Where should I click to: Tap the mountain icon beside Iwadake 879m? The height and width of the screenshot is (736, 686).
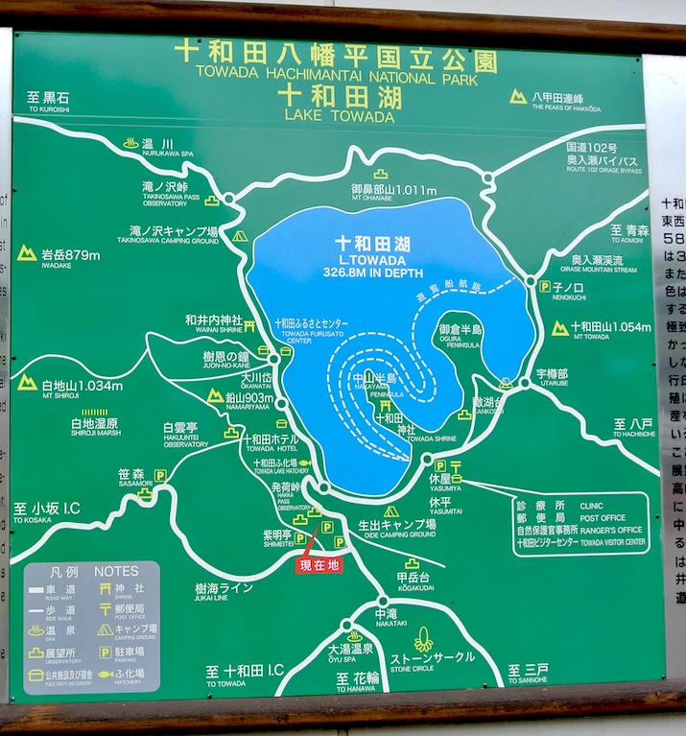27,253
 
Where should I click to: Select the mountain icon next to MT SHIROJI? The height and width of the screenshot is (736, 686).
27,383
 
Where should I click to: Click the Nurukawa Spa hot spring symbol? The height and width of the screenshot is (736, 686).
130,143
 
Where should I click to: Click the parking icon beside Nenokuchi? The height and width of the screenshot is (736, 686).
544,286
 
